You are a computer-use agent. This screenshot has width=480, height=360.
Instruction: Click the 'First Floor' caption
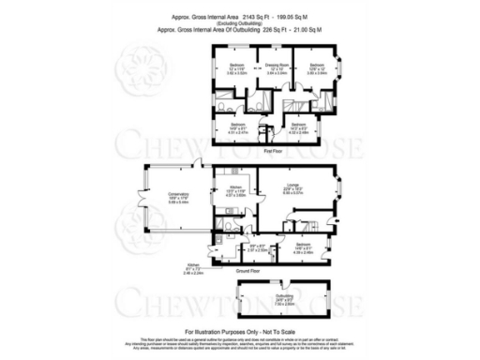tap(273, 150)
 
